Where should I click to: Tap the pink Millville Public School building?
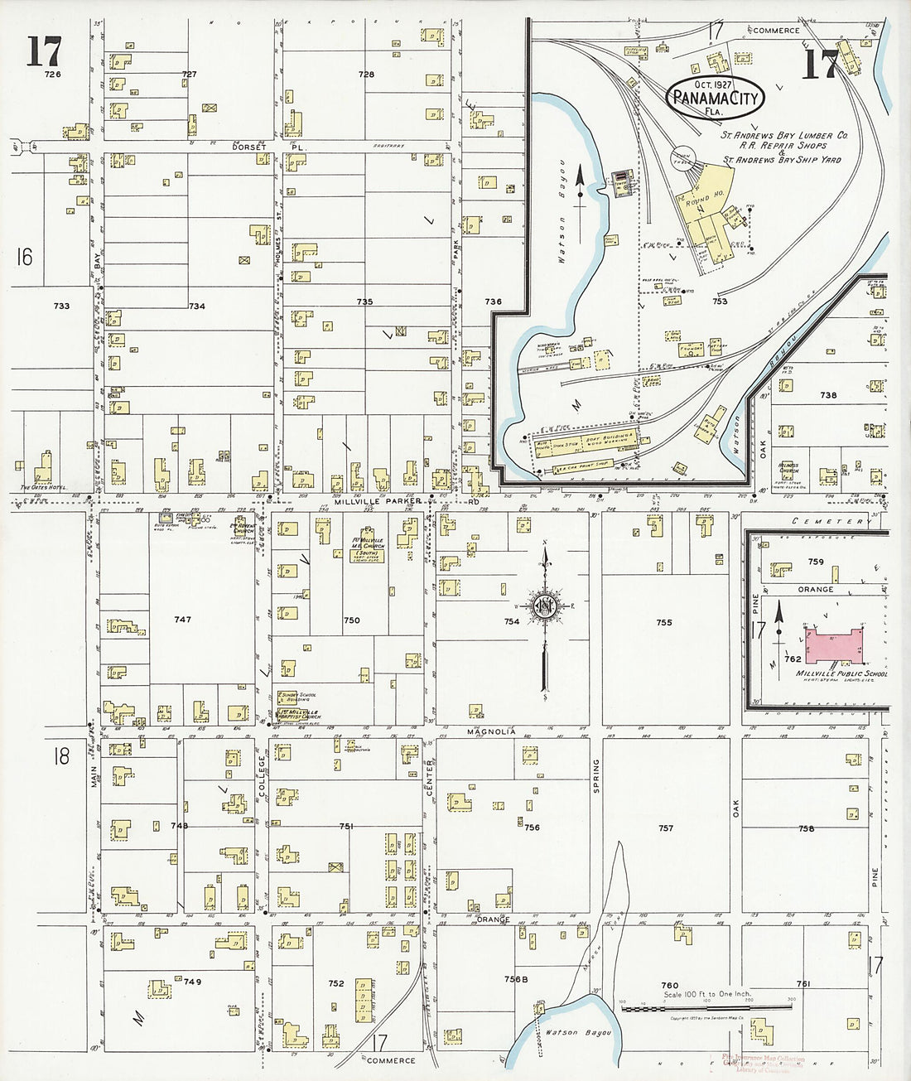click(x=834, y=645)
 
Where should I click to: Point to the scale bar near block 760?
click(x=706, y=1008)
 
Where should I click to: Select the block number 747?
click(x=182, y=620)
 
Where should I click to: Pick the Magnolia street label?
click(x=491, y=731)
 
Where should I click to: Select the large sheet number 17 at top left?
click(x=43, y=51)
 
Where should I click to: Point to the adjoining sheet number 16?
click(x=24, y=258)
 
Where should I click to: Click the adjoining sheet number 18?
click(x=60, y=755)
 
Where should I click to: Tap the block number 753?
click(x=720, y=302)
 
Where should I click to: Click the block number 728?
click(x=366, y=75)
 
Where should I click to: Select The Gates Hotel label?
click(x=44, y=488)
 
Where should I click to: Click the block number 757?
click(x=666, y=828)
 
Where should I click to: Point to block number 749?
click(x=192, y=982)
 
